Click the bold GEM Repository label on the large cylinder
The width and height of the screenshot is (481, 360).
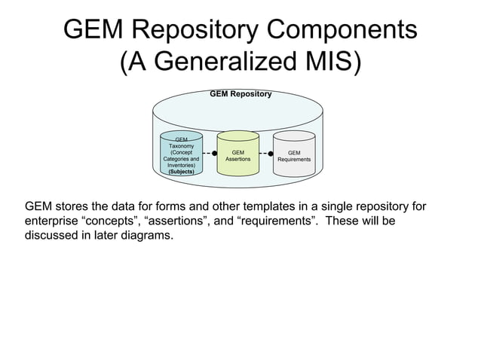(x=240, y=94)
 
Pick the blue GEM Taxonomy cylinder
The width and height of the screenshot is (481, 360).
(x=181, y=154)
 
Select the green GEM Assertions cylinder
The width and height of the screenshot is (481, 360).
(x=238, y=154)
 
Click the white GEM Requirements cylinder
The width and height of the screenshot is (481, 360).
(x=294, y=154)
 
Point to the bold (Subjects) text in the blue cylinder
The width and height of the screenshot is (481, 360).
(x=181, y=172)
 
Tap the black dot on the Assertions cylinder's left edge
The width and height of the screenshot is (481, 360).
(x=215, y=153)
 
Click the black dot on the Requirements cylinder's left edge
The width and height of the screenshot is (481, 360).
(x=271, y=153)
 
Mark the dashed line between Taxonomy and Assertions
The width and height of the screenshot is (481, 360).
(x=208, y=153)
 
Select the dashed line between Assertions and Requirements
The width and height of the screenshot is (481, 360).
(x=264, y=153)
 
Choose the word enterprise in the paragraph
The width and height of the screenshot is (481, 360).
(x=51, y=222)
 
